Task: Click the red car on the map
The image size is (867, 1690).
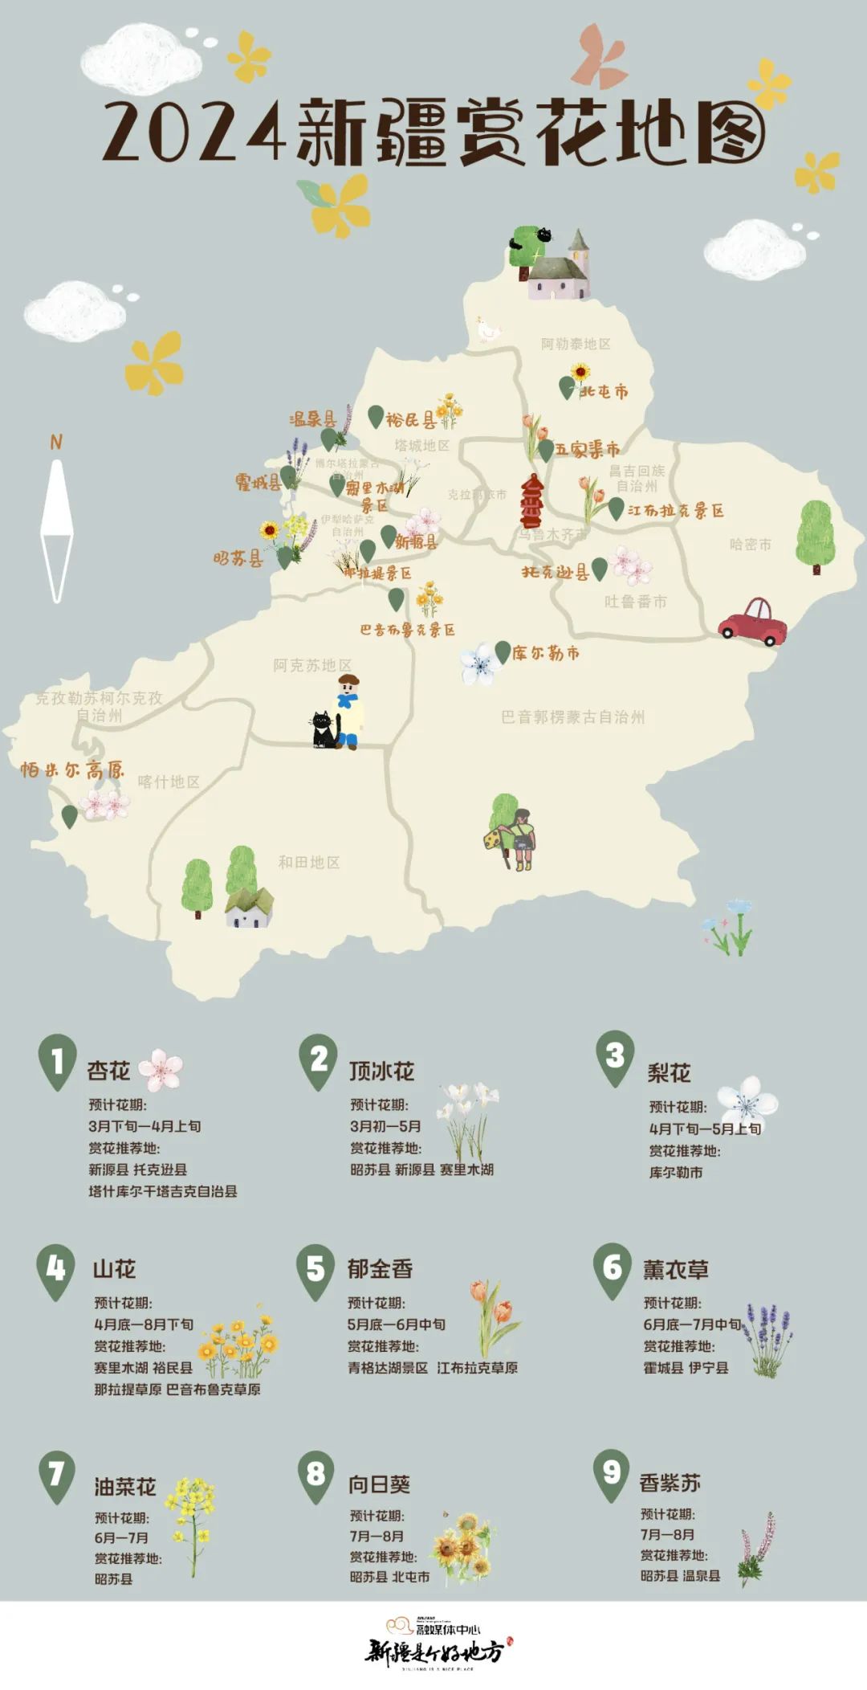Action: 752,622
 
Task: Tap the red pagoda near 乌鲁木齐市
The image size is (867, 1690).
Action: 531,501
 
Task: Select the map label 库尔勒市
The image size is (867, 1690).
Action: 546,653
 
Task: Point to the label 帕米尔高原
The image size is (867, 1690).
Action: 73,769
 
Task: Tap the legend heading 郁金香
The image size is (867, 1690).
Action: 380,1268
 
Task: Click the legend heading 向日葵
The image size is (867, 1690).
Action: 379,1484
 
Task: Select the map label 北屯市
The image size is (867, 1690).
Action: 604,391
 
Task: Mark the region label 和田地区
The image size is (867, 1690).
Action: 309,862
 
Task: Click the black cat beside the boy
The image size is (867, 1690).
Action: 324,730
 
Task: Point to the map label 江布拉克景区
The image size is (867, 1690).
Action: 675,510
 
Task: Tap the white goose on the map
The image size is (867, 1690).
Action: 487,329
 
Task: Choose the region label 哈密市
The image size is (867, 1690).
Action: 750,544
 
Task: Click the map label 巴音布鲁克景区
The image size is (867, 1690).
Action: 407,630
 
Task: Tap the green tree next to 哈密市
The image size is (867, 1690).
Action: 815,535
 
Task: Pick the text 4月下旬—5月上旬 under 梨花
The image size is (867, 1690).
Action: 705,1129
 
